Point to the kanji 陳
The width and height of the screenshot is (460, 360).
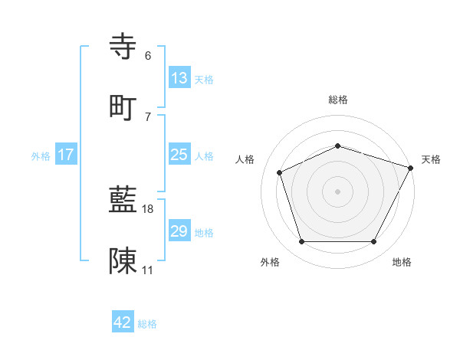tap(123, 260)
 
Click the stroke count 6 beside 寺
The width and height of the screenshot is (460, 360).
tap(148, 56)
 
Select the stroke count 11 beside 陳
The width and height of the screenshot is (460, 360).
tap(148, 270)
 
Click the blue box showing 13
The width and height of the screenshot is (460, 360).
tap(179, 77)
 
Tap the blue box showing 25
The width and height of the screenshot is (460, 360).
tap(179, 155)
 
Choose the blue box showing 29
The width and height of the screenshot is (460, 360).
tap(179, 231)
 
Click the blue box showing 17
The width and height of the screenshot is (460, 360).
tap(66, 155)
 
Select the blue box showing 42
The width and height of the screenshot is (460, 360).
tap(123, 322)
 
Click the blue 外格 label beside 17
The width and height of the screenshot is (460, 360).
tap(41, 156)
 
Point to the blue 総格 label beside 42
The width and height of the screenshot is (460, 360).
tap(147, 324)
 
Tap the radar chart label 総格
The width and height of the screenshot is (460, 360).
tap(338, 100)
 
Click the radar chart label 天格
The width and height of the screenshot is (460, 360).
tap(431, 159)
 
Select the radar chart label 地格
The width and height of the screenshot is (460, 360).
tap(402, 262)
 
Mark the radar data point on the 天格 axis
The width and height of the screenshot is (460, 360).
tap(411, 167)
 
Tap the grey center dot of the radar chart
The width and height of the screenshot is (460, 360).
tap(338, 191)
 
